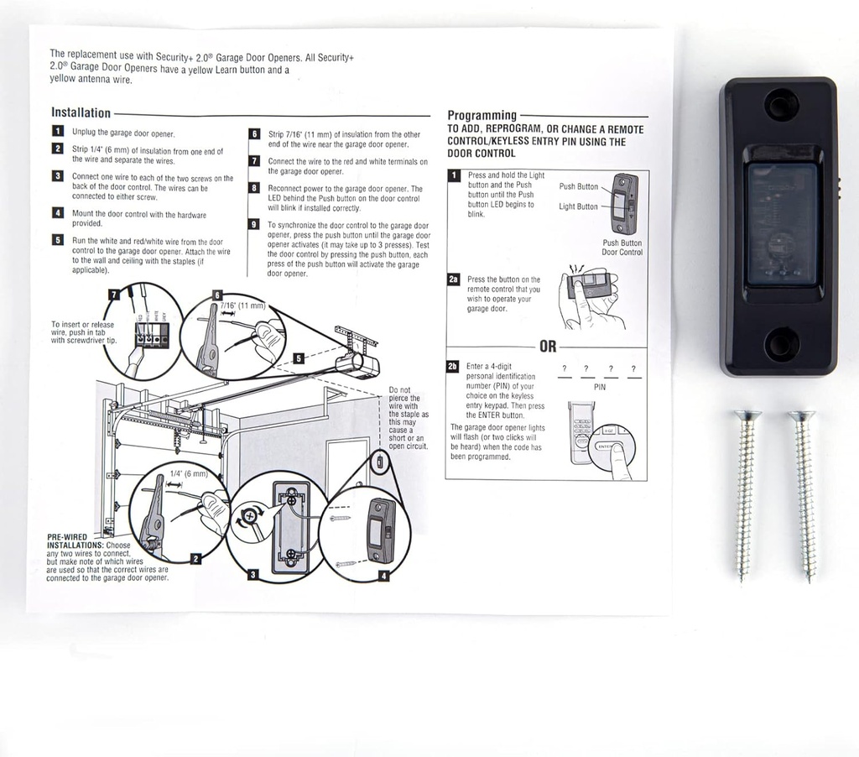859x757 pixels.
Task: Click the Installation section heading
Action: (81, 112)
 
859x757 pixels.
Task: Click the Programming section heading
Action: (482, 115)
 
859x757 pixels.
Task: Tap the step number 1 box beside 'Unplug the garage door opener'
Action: (57, 132)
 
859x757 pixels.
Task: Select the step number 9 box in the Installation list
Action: (254, 224)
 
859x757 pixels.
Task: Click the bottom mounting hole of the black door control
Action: (781, 344)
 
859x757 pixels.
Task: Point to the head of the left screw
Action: (747, 416)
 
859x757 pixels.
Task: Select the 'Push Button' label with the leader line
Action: (579, 186)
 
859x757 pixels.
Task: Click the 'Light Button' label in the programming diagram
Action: (579, 206)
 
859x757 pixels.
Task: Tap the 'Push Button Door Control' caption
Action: (622, 248)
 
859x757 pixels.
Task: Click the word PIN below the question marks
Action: (599, 388)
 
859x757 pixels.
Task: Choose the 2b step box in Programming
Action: (454, 367)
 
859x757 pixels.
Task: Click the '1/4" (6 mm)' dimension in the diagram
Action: (188, 473)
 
